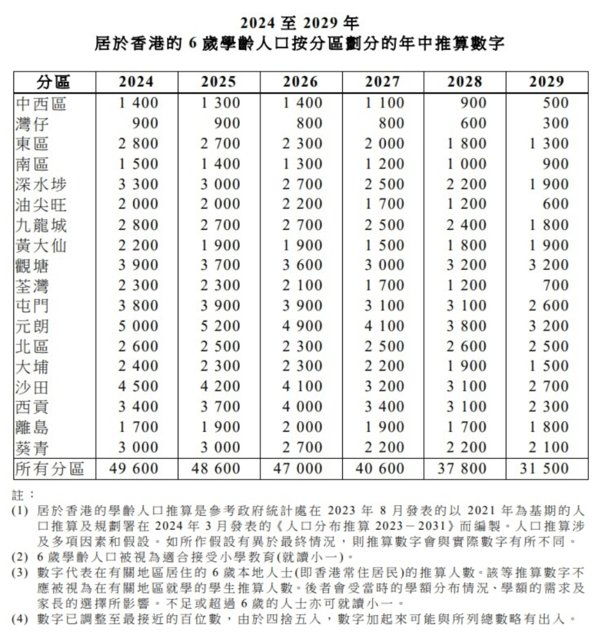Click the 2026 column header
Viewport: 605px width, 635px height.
(x=301, y=82)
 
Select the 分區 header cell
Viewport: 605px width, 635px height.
(x=54, y=82)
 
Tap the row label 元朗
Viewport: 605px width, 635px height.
(x=32, y=326)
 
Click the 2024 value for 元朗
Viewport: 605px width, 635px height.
(x=138, y=326)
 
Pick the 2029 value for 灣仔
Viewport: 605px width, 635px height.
(x=556, y=123)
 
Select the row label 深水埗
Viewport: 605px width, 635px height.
(x=41, y=184)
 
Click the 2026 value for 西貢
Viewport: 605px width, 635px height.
(x=302, y=407)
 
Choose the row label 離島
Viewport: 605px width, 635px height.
(x=32, y=428)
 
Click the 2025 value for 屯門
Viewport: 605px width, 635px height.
(x=220, y=306)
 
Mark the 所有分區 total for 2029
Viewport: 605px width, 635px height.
(x=544, y=468)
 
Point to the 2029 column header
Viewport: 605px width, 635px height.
(x=546, y=82)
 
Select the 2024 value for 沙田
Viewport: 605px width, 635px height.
(x=138, y=387)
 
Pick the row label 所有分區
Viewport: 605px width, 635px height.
(x=50, y=468)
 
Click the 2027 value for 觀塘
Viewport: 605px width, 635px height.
(x=384, y=265)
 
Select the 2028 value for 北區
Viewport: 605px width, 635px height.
(x=466, y=346)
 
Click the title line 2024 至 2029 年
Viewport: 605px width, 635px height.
(x=300, y=23)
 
